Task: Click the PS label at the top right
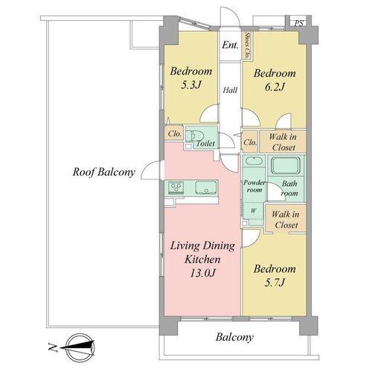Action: [x=299, y=23]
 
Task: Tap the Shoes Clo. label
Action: [x=247, y=45]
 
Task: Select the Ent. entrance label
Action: [x=230, y=45]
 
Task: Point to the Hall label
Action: [x=230, y=90]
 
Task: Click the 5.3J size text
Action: [x=190, y=85]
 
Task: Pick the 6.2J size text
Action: [x=275, y=87]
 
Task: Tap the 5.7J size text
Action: [x=275, y=283]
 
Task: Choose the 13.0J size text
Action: [x=202, y=273]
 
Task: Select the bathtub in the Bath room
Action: [x=286, y=165]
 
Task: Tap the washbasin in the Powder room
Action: [x=254, y=161]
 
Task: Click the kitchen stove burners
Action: [x=176, y=187]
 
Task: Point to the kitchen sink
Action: [x=206, y=187]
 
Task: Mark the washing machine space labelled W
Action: [x=253, y=211]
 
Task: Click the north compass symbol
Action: [x=80, y=347]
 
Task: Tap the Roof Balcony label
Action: [x=104, y=172]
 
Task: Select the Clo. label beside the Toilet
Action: [x=175, y=134]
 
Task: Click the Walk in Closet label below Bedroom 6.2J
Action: [x=283, y=142]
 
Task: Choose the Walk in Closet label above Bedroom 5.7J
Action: [x=286, y=219]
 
